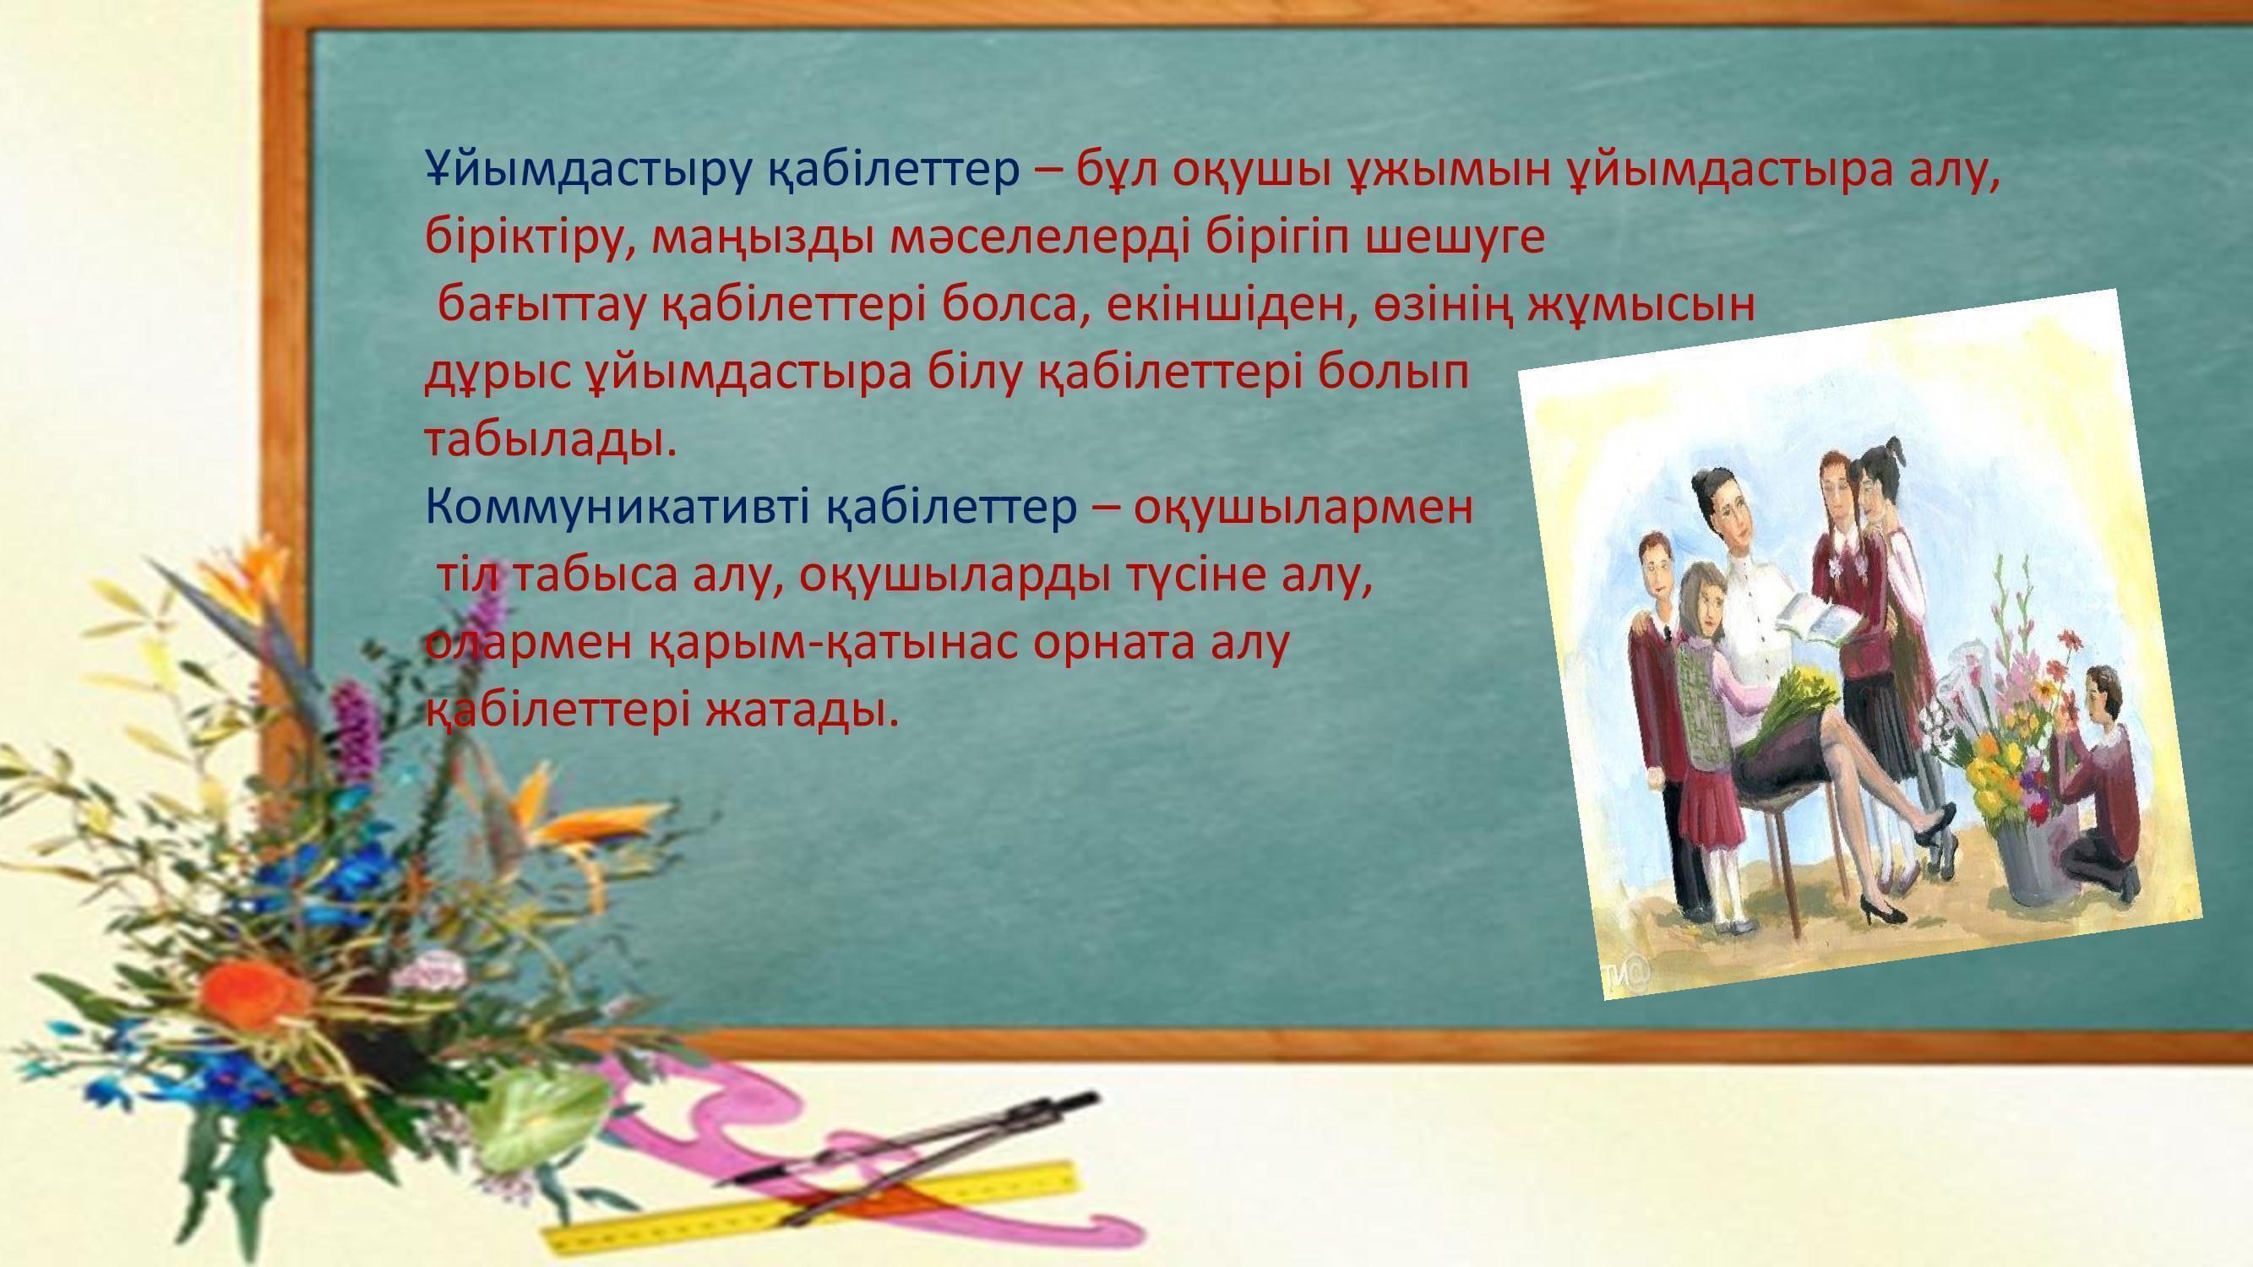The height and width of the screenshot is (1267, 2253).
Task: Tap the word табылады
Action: (550, 440)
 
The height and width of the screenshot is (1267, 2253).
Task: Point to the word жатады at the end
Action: (801, 710)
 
